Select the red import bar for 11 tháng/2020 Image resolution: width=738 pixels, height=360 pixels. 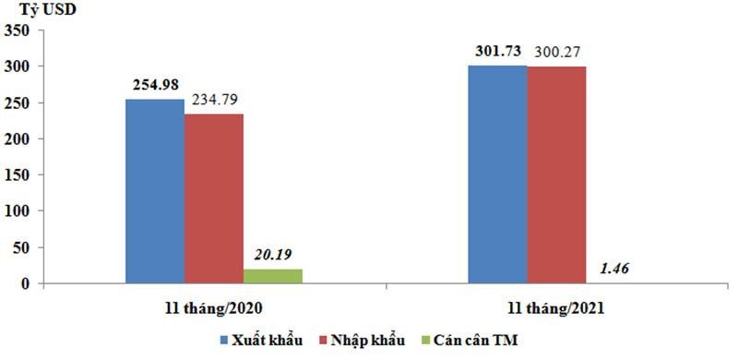tap(213, 198)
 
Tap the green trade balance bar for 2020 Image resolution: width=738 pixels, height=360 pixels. tap(272, 276)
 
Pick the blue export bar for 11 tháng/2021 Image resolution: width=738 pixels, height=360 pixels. tap(497, 174)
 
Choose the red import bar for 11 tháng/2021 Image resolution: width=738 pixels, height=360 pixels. tap(556, 174)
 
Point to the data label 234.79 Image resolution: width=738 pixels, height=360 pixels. tap(214, 99)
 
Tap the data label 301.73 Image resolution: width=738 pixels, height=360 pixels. tap(497, 51)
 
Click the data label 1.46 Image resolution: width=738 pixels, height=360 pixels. tap(613, 269)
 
